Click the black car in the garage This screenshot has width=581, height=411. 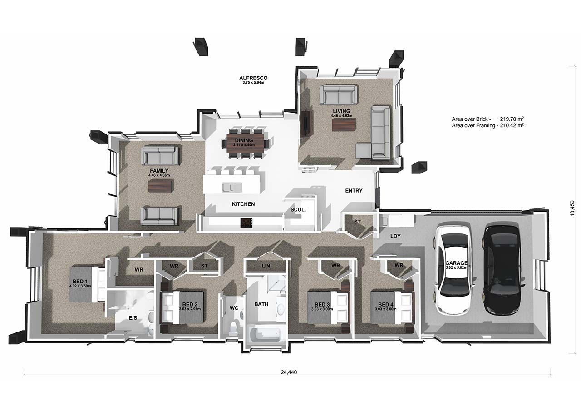pyautogui.click(x=502, y=270)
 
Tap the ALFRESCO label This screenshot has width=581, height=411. pyautogui.click(x=253, y=78)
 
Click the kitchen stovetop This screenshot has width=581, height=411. pyautogui.click(x=246, y=223)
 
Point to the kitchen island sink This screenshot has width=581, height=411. pyautogui.click(x=231, y=188)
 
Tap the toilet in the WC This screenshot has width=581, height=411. pyautogui.click(x=234, y=328)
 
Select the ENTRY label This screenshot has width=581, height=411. pyautogui.click(x=354, y=191)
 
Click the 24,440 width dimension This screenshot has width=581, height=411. pyautogui.click(x=289, y=372)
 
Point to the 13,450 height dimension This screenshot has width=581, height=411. pyautogui.click(x=572, y=208)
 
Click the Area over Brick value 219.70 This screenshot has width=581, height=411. pyautogui.click(x=508, y=119)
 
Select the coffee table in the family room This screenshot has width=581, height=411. pyautogui.click(x=160, y=186)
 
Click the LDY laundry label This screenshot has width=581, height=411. pyautogui.click(x=395, y=236)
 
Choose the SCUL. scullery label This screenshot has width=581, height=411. pyautogui.click(x=298, y=210)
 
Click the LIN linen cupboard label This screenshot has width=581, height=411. pyautogui.click(x=266, y=266)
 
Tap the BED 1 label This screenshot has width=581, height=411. pyautogui.click(x=80, y=281)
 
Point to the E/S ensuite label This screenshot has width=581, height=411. pyautogui.click(x=133, y=318)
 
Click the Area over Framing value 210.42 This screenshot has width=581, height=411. pyautogui.click(x=508, y=126)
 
